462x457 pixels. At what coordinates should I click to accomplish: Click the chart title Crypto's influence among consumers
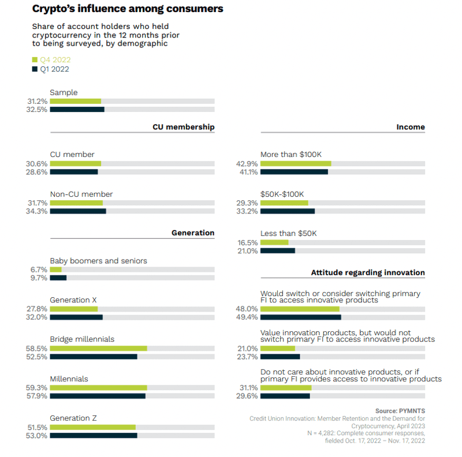pyautogui.click(x=128, y=9)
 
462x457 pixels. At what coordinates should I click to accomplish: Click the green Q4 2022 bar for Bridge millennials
pyautogui.click(x=98, y=349)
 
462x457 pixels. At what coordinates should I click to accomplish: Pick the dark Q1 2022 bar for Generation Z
pyautogui.click(x=94, y=436)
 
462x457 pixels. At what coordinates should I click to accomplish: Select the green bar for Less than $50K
pyautogui.click(x=274, y=242)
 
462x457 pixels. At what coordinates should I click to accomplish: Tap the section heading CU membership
pyautogui.click(x=183, y=127)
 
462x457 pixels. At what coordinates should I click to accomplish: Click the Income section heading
pyautogui.click(x=411, y=127)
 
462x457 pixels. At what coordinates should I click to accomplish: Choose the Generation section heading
pyautogui.click(x=193, y=233)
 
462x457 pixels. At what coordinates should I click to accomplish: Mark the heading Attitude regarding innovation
pyautogui.click(x=368, y=272)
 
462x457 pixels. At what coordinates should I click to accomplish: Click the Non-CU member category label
pyautogui.click(x=81, y=194)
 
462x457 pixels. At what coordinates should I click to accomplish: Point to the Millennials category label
pyautogui.click(x=69, y=379)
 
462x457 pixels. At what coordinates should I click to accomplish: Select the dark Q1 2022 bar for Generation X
pyautogui.click(x=76, y=317)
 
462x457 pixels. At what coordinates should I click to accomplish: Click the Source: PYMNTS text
pyautogui.click(x=400, y=411)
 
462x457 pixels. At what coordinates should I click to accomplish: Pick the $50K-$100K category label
pyautogui.click(x=282, y=194)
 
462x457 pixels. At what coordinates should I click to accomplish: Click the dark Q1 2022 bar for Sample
pyautogui.click(x=77, y=110)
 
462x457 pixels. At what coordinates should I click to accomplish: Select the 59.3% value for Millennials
pyautogui.click(x=38, y=388)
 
